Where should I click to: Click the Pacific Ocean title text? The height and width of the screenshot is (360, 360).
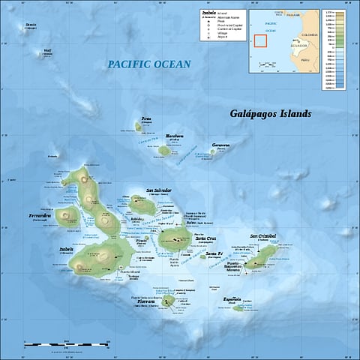coord(148,65)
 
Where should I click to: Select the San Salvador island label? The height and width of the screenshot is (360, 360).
coord(159,190)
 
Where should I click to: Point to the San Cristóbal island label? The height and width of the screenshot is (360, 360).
coord(262,236)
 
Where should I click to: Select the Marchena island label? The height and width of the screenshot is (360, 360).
coord(174,136)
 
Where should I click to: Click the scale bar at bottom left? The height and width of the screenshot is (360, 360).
coord(67,344)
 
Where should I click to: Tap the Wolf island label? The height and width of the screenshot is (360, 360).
coord(47,51)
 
